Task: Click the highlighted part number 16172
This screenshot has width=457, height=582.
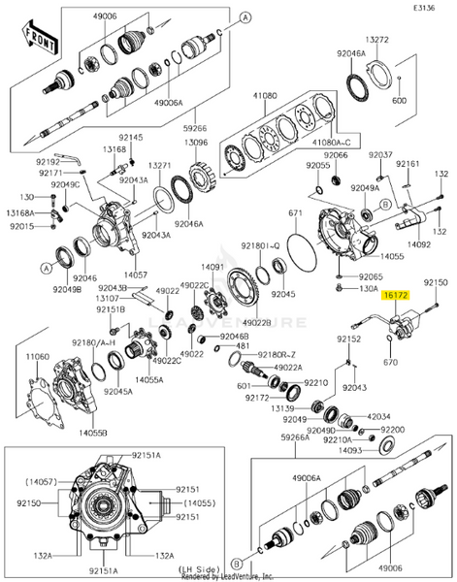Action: [x=396, y=293]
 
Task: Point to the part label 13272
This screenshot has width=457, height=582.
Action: [x=377, y=40]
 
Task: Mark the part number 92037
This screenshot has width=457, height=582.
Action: [x=380, y=155]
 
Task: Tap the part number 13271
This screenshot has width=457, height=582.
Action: [x=161, y=166]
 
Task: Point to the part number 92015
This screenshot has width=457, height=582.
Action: [x=21, y=226]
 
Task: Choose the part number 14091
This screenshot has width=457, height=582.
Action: [x=212, y=266]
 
